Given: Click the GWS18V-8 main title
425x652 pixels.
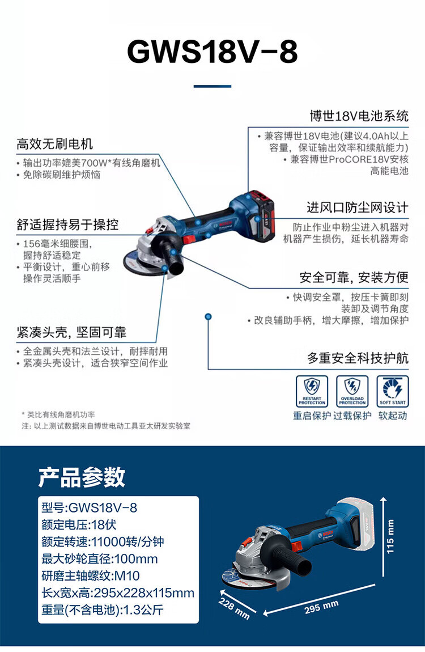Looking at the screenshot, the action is point(212,52).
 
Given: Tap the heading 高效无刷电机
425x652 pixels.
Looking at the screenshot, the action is point(54,144).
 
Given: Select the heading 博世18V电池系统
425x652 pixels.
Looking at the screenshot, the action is point(359,116).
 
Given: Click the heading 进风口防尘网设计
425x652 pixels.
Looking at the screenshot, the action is point(358,208).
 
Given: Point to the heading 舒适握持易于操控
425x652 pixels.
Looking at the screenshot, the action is point(67,225).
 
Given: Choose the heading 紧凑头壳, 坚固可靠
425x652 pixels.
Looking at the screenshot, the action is point(71,332).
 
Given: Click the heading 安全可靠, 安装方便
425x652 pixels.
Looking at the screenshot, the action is point(354,277).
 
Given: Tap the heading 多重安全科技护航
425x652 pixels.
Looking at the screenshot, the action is point(358,358).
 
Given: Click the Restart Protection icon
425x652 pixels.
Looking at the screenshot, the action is point(312,391).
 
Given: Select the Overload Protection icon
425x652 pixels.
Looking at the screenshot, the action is point(352,391).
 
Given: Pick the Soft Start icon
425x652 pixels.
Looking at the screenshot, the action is point(393,391).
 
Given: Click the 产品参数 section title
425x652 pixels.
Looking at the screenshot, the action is point(82,476).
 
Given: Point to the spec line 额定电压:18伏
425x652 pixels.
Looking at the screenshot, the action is point(79,525).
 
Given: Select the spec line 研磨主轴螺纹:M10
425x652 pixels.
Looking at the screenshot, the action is point(91,576).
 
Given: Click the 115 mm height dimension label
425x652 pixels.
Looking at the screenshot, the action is point(390,537).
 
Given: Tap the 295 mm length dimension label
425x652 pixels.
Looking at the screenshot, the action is point(321,607).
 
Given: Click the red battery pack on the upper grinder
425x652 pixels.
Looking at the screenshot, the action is point(261,216).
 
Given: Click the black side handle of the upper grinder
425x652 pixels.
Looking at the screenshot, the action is point(169,253).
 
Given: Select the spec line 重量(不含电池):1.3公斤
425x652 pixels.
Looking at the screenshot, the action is point(102,610).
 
